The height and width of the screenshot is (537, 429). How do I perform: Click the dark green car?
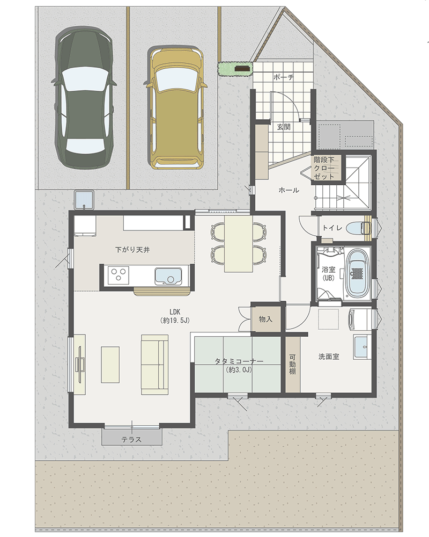(84, 98)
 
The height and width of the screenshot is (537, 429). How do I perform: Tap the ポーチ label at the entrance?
(284, 77)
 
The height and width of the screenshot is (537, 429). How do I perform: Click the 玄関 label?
(284, 127)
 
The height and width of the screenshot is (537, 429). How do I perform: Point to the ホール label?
(289, 190)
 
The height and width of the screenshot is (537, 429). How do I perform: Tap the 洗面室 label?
(329, 357)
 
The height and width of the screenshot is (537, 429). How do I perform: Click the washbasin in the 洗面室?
(362, 347)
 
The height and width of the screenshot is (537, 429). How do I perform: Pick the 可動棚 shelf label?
(292, 364)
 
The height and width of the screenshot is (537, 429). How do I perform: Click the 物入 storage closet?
(266, 319)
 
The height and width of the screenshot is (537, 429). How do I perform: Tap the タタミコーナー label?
(239, 361)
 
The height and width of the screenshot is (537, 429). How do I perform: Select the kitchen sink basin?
(168, 275)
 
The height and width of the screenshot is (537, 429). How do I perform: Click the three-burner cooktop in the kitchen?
(119, 275)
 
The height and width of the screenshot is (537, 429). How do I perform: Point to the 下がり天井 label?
(132, 250)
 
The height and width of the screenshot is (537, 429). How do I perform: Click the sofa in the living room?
(154, 365)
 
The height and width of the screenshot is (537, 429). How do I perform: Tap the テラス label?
(132, 439)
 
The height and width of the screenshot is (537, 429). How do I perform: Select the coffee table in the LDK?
(110, 365)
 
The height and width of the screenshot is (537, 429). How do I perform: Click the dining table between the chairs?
(238, 243)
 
